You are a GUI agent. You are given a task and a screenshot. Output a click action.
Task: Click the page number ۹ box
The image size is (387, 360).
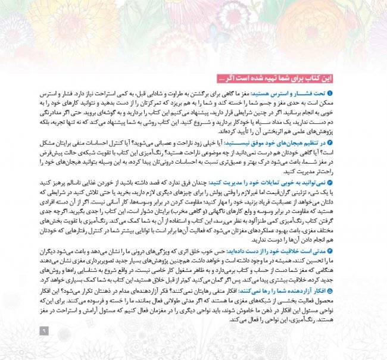(42, 331)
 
